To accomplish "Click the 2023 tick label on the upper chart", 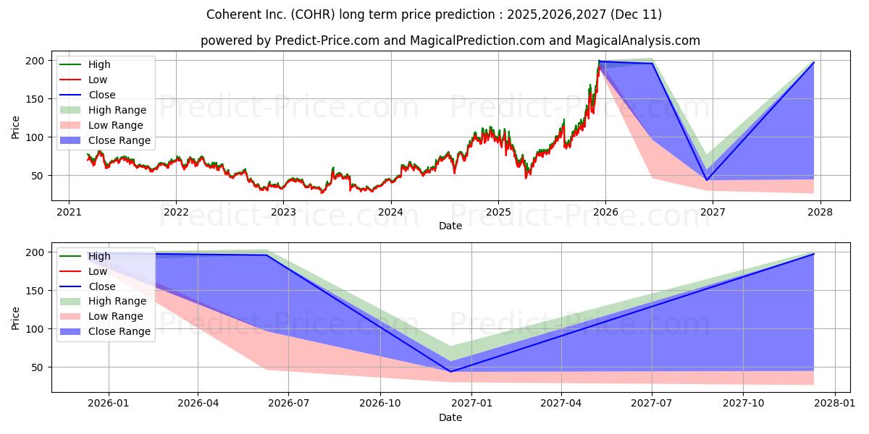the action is coord(283,212).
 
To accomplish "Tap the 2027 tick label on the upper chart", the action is coord(713,212).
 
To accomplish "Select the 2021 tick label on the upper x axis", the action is coord(69,212).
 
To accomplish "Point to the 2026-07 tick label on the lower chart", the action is coord(289,403).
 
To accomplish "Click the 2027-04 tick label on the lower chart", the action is coord(561,403).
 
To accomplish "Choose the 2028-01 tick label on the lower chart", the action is coord(834,403).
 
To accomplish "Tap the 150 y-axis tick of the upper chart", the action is coord(35,99).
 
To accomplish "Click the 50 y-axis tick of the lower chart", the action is coord(38,367).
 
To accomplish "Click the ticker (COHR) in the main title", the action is coord(313,14).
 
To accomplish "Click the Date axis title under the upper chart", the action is coord(450,226).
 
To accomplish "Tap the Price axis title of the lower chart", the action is coord(15,318).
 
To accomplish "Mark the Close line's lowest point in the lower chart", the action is coord(450,372).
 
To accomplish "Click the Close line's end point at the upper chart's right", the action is coord(813,62).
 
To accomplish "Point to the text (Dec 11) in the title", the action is coord(636,14).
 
